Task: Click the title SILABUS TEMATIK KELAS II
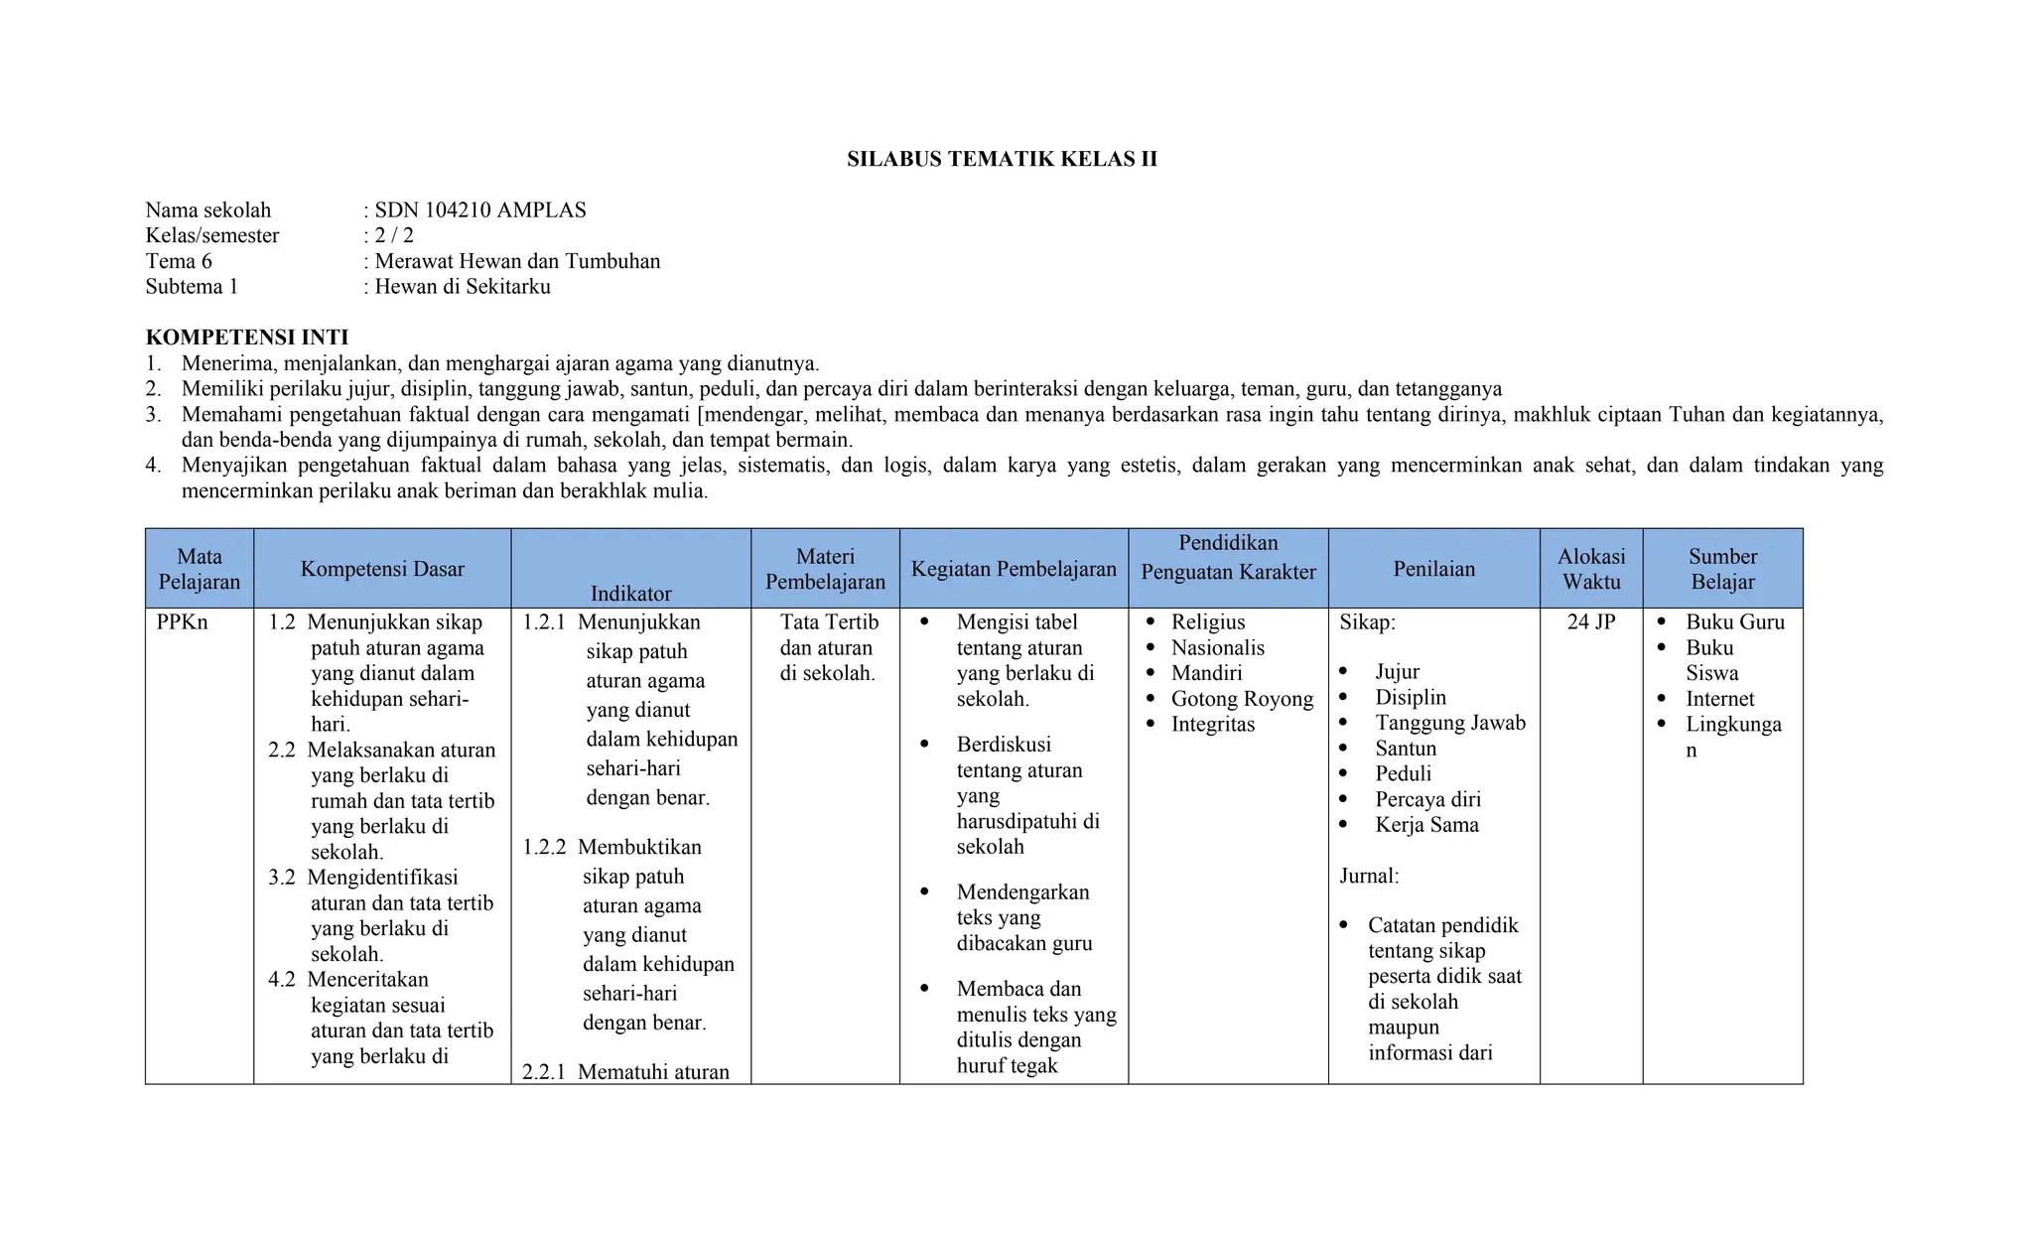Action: pyautogui.click(x=1002, y=159)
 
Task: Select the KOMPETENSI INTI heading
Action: pyautogui.click(x=246, y=338)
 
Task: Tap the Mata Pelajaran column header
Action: pyautogui.click(x=200, y=569)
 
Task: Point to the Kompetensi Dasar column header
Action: pyautogui.click(x=382, y=569)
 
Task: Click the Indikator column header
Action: pyautogui.click(x=630, y=594)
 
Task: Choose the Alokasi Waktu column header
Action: pyautogui.click(x=1590, y=569)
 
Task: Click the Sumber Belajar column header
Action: pyautogui.click(x=1722, y=569)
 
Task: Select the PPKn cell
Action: pyautogui.click(x=183, y=622)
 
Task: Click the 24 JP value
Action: pyautogui.click(x=1590, y=622)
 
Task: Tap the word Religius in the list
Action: pyautogui.click(x=1207, y=622)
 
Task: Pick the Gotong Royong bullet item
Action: pyautogui.click(x=1241, y=699)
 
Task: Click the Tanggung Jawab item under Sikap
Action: pyautogui.click(x=1449, y=723)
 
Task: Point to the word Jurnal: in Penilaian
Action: pyautogui.click(x=1369, y=876)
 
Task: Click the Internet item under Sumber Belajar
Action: pyautogui.click(x=1719, y=699)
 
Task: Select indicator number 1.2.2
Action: pyautogui.click(x=545, y=847)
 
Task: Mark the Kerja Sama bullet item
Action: pyautogui.click(x=1426, y=825)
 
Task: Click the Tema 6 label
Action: pyautogui.click(x=179, y=261)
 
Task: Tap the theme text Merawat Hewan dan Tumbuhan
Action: pyautogui.click(x=516, y=261)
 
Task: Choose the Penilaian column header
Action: pyautogui.click(x=1433, y=569)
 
